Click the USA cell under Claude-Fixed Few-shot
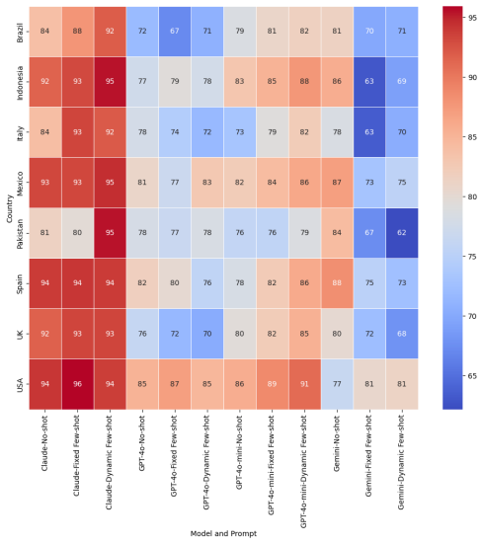pyautogui.click(x=77, y=384)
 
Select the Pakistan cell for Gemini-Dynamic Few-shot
pyautogui.click(x=402, y=233)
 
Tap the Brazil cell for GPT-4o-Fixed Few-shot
pyautogui.click(x=175, y=32)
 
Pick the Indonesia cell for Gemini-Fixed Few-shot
pyautogui.click(x=369, y=82)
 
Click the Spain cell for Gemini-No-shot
pyautogui.click(x=337, y=283)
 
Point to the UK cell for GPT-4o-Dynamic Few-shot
pyautogui.click(x=207, y=334)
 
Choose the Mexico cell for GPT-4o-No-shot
pyautogui.click(x=142, y=183)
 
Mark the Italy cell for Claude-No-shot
pyautogui.click(x=45, y=132)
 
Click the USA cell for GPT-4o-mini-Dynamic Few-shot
pyautogui.click(x=304, y=384)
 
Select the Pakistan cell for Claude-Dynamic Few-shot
pyautogui.click(x=110, y=233)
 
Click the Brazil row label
pyautogui.click(x=20, y=33)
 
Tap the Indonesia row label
pyautogui.click(x=20, y=83)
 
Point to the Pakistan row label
pyautogui.click(x=20, y=234)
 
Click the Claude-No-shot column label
pyautogui.click(x=44, y=443)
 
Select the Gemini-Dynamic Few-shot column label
pyautogui.click(x=401, y=462)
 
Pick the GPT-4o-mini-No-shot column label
pyautogui.click(x=239, y=452)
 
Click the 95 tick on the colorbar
pyautogui.click(x=472, y=18)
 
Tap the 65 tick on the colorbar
pyautogui.click(x=472, y=376)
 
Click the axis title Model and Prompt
pyautogui.click(x=223, y=533)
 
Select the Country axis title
pyautogui.click(x=9, y=208)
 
